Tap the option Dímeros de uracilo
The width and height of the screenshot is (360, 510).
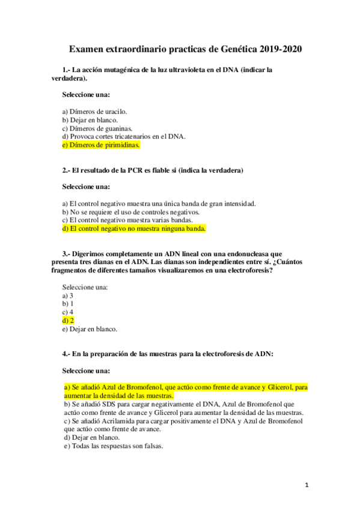(94, 111)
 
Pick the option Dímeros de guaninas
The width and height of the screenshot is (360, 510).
(97, 128)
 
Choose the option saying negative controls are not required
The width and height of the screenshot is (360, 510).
(131, 212)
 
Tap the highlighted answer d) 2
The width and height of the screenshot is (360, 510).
(68, 321)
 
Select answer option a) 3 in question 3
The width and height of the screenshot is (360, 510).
(68, 295)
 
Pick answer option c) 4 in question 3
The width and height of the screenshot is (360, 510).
(68, 312)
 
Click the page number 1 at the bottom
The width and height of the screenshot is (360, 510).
(306, 485)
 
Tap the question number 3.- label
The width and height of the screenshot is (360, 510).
(67, 254)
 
